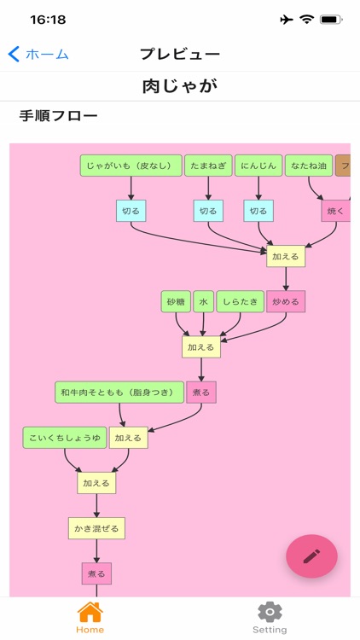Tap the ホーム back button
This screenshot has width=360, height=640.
coord(38,54)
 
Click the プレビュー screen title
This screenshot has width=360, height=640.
coord(180,54)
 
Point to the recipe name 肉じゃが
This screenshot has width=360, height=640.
coord(180,86)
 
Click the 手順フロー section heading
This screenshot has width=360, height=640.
coord(58,115)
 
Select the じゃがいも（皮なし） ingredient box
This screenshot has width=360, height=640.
coord(131,166)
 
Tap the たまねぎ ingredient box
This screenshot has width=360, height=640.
coord(208,166)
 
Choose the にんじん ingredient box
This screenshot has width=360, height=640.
coord(258,166)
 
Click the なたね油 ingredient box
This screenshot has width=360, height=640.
coord(309,166)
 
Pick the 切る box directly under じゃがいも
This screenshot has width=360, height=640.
coord(131,211)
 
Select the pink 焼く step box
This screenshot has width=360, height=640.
coord(335,211)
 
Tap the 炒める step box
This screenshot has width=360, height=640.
coord(286,301)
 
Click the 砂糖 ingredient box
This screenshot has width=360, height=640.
coord(176,301)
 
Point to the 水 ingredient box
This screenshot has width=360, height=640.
coord(203,301)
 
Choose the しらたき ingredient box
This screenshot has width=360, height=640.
coord(240,301)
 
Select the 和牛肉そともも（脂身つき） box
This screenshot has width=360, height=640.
coord(119,393)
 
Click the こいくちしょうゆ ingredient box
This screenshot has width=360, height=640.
coord(65,438)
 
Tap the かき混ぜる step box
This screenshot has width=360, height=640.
coord(96,528)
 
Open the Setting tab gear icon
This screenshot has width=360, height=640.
coord(270,612)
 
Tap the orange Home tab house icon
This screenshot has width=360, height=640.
coord(90,612)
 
